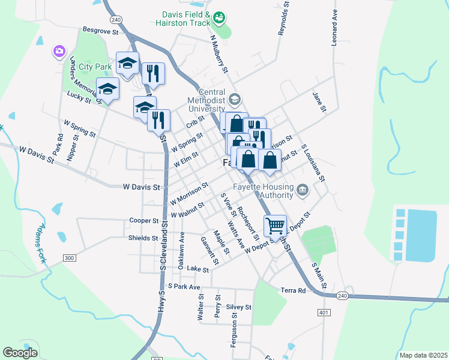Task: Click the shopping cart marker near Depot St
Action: click(275, 226)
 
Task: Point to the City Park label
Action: click(88, 66)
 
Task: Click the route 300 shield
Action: click(70, 257)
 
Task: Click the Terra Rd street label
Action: click(293, 290)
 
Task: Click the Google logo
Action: click(20, 353)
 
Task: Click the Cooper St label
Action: click(143, 220)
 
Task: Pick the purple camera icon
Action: click(59, 52)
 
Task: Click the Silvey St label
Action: click(238, 307)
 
